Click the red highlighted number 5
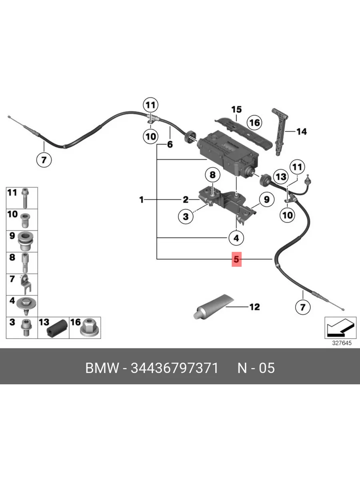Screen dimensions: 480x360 click(x=236, y=260)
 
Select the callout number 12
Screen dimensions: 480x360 click(x=254, y=307)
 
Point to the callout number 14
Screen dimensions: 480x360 click(x=301, y=131)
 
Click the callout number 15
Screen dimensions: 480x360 click(x=236, y=109)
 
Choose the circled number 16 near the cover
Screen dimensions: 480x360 click(x=255, y=122)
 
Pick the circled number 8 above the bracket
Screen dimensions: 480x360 click(x=212, y=175)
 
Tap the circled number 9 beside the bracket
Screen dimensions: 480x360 click(x=266, y=199)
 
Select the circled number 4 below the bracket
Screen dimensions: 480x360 click(x=236, y=238)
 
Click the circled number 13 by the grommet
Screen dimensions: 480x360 click(x=281, y=176)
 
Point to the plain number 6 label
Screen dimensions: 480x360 click(x=170, y=144)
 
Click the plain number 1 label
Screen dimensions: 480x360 click(x=141, y=199)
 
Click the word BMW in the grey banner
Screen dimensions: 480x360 click(x=102, y=368)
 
